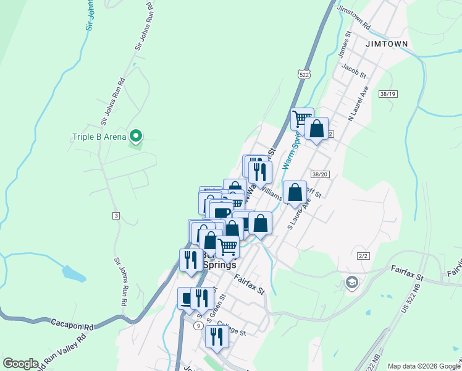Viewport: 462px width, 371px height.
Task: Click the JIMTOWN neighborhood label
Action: [387, 45]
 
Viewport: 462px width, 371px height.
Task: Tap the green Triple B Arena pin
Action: [137, 136]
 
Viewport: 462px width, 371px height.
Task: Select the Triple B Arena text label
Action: [99, 137]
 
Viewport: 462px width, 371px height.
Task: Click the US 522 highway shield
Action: [303, 74]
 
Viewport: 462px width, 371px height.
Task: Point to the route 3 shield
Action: [115, 215]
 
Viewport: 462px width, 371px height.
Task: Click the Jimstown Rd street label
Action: [353, 19]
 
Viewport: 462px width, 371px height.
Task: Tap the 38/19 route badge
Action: [388, 93]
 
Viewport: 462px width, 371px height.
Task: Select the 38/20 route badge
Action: [319, 175]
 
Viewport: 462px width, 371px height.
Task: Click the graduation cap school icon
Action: [352, 283]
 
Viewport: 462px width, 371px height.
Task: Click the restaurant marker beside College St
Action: [216, 336]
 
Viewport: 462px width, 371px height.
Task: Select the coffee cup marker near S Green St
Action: [187, 298]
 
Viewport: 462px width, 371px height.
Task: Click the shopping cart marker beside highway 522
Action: [301, 118]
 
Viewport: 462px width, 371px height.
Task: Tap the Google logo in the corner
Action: [20, 364]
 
